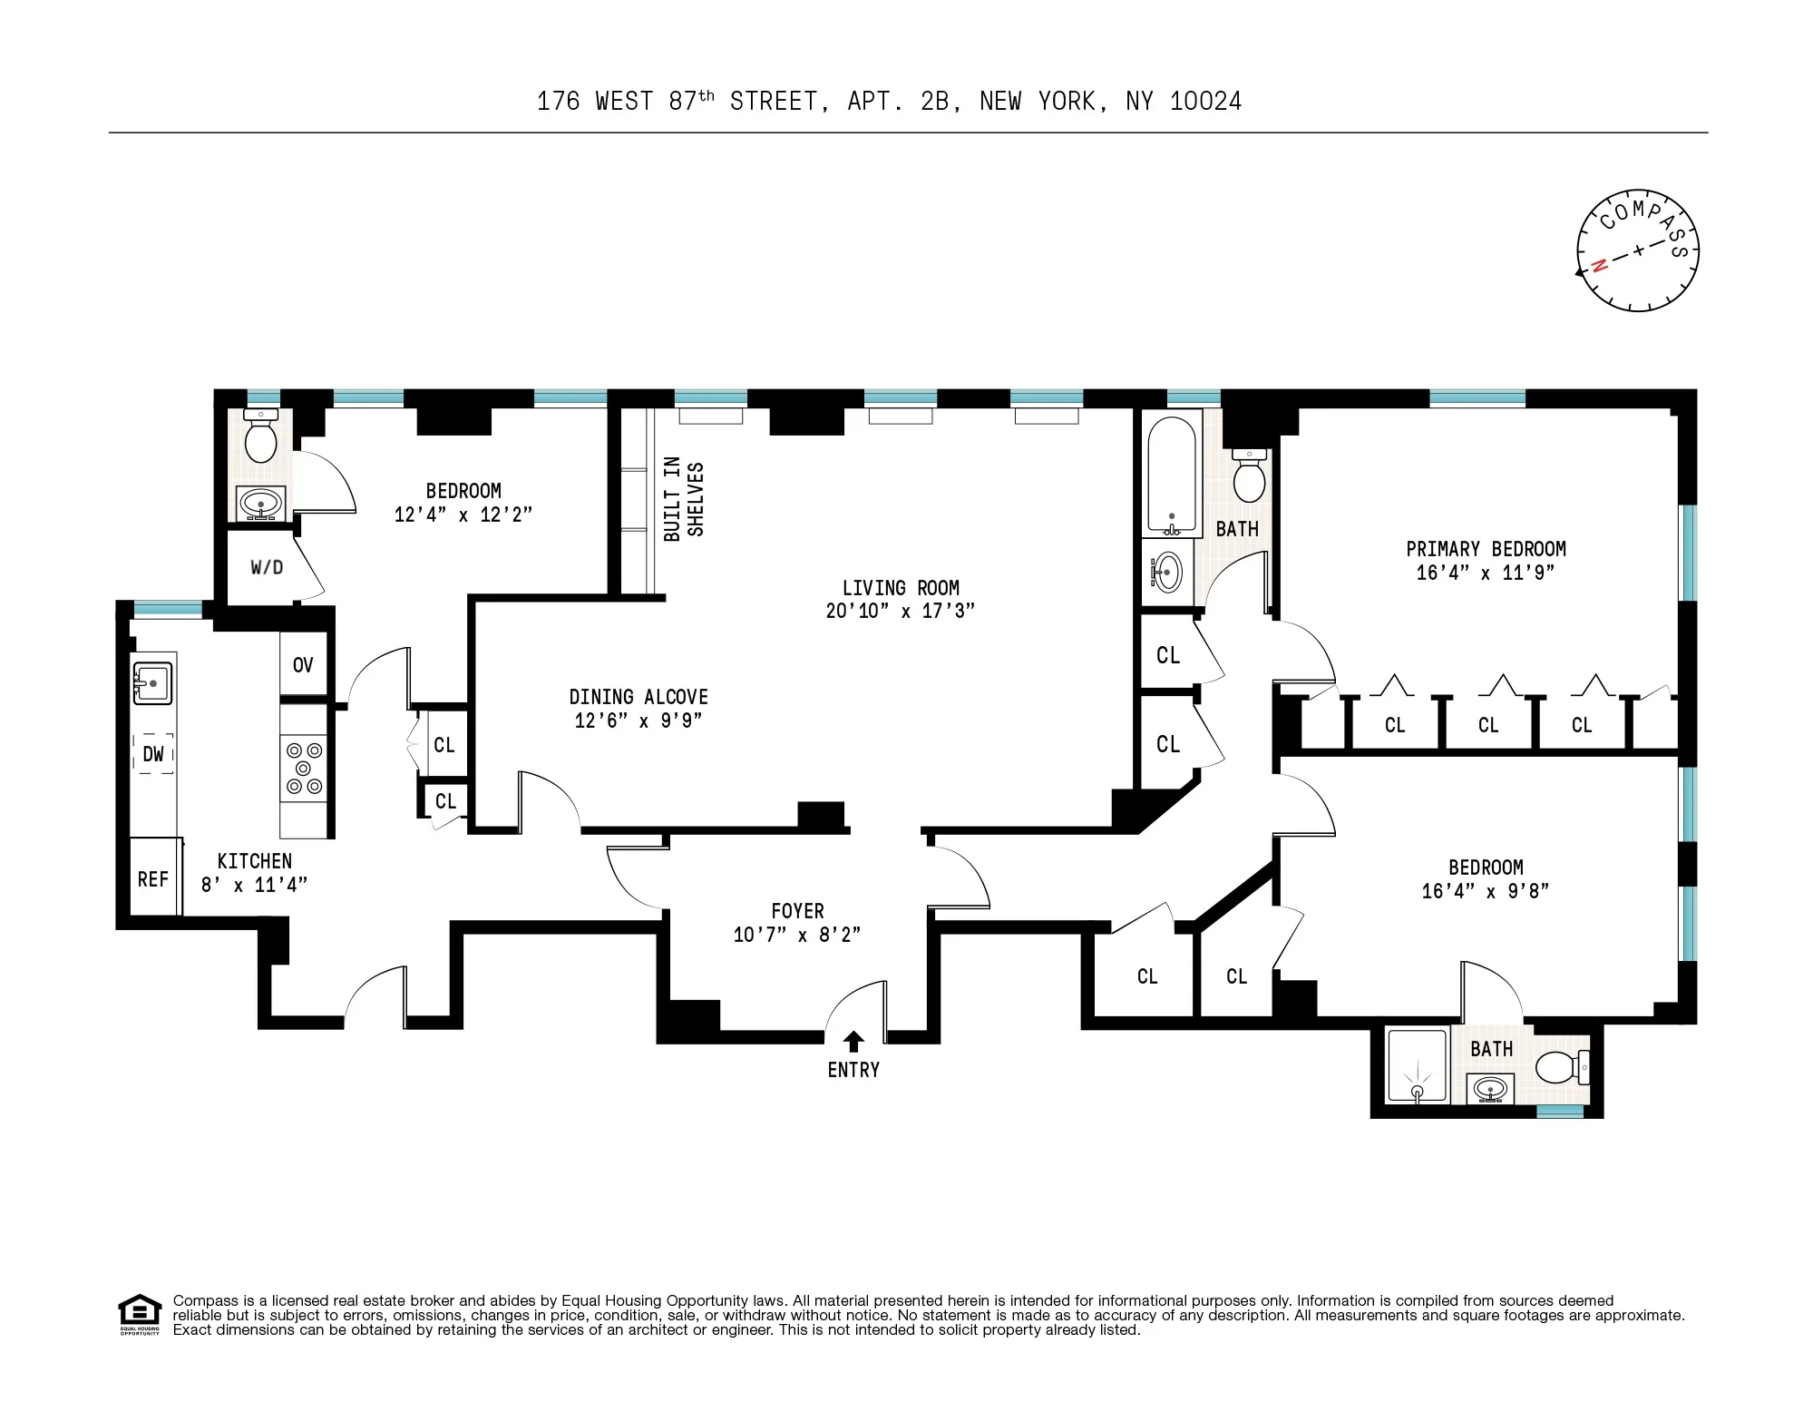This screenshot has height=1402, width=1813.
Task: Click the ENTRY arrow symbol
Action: click(x=853, y=1041)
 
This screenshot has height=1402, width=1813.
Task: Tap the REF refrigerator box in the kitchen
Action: click(x=153, y=877)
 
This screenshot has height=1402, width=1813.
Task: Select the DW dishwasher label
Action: click(x=153, y=754)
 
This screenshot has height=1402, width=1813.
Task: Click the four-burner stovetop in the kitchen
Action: click(x=304, y=769)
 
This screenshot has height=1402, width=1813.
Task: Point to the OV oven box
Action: click(x=303, y=664)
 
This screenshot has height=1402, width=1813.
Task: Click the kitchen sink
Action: click(x=152, y=683)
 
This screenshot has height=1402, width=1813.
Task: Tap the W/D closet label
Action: click(x=267, y=568)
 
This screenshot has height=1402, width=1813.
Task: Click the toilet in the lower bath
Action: click(x=1560, y=1067)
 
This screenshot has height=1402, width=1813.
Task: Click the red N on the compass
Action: click(x=1600, y=265)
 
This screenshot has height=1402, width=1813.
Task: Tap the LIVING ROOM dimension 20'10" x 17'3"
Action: click(x=900, y=611)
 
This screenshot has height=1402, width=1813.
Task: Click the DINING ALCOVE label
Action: click(x=638, y=697)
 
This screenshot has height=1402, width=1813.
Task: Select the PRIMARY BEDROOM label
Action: click(x=1486, y=549)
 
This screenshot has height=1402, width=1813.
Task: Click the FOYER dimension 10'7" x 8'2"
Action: click(x=796, y=935)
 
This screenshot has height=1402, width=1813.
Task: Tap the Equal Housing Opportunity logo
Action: click(x=140, y=1314)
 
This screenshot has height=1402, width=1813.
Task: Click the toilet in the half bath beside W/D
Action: click(x=261, y=440)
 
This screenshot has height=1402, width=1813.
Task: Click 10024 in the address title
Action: click(x=1205, y=102)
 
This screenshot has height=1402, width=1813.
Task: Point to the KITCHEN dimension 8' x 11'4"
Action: click(x=254, y=885)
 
